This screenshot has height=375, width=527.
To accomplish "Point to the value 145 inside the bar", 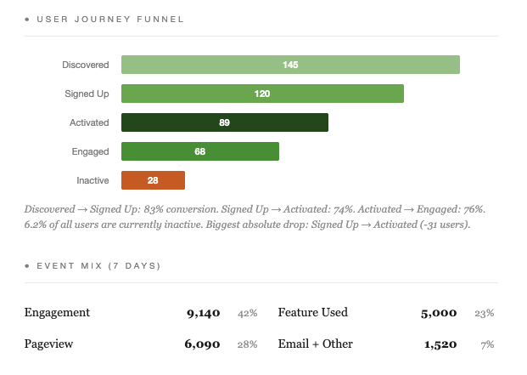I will coord(290,65).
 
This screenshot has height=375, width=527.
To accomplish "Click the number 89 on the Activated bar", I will coord(224,122).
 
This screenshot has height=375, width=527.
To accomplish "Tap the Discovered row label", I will coord(85,65).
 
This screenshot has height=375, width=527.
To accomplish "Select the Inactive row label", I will coord(93,180).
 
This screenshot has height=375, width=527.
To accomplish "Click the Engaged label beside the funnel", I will coord(91,151).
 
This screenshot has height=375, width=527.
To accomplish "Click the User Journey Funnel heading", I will coord(110,18).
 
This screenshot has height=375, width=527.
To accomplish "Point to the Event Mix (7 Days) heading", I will coord(98,265).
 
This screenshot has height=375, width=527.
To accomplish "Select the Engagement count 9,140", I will coord(203,313).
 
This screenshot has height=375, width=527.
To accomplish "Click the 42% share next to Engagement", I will coord(247,313).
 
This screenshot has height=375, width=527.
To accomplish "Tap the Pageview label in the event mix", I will coord(49,344).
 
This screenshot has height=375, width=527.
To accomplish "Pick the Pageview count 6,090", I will coord(203,344).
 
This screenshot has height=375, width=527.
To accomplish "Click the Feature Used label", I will coord(312,313).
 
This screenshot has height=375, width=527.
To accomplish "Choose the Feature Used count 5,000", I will coord(439,313).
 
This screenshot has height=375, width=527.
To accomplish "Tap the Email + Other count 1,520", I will coord(440,344).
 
